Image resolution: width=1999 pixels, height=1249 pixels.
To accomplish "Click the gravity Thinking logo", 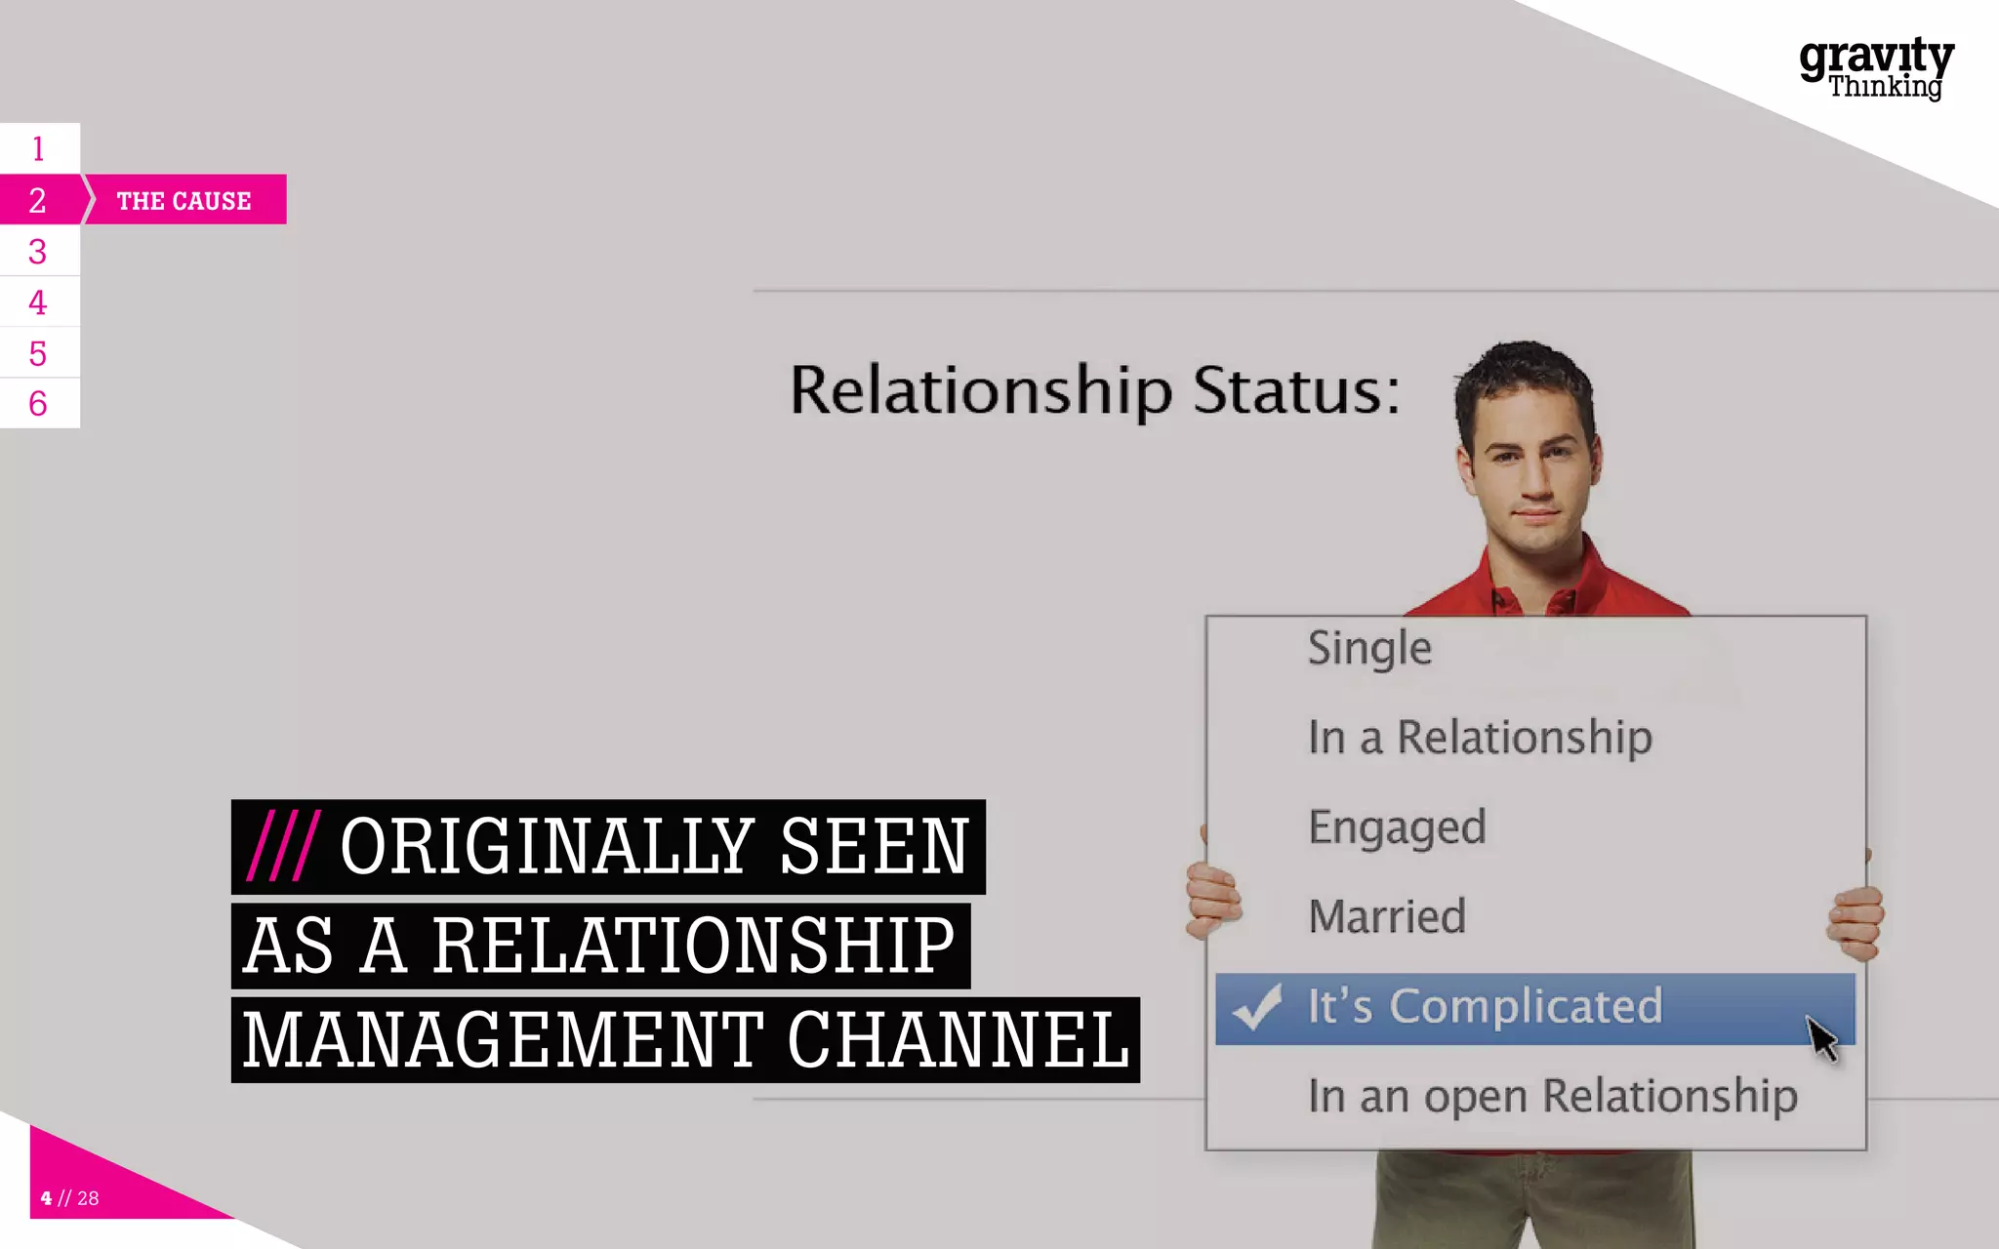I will click(1876, 68).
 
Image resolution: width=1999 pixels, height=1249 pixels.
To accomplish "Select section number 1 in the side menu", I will click(38, 149).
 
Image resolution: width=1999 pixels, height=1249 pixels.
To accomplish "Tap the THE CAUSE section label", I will click(184, 201).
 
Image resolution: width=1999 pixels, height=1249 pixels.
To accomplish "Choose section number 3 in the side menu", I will click(38, 252).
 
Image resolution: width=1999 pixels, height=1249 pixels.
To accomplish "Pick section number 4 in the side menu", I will click(38, 302).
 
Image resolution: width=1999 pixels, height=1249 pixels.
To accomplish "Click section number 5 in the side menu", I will click(38, 353).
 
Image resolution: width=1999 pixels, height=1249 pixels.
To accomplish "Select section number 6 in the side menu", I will click(38, 403).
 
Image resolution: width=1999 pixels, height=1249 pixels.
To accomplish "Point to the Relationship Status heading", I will click(1094, 391).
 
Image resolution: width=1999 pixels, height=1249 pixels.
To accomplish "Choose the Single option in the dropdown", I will click(1369, 649).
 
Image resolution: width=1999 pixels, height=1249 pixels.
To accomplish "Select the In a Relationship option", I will click(1480, 738).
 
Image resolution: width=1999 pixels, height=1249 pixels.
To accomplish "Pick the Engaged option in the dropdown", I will click(1397, 827).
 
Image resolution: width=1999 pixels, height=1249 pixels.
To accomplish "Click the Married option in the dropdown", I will click(1387, 917).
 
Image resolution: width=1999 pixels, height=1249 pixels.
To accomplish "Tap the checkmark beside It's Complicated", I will click(1257, 1006).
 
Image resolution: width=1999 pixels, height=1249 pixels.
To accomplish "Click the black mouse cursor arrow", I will click(1820, 1037).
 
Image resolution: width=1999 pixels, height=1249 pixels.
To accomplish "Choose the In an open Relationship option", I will click(1552, 1096).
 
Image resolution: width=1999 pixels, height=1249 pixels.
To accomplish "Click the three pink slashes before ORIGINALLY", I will click(282, 846).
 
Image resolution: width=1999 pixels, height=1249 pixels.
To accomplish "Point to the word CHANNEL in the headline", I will click(958, 1040).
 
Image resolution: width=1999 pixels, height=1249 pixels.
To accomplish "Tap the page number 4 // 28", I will click(70, 1198).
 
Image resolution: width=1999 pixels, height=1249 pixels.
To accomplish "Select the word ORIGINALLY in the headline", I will click(547, 846).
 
